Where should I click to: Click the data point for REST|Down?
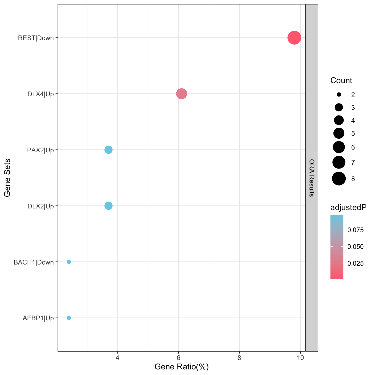click(294, 38)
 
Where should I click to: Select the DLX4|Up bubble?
click(181, 94)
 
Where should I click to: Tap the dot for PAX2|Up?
click(108, 150)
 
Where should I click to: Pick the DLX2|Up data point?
click(108, 206)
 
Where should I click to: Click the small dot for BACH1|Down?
click(69, 262)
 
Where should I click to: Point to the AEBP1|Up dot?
click(69, 318)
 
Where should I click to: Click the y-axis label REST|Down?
click(36, 38)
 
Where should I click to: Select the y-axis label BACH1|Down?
click(33, 262)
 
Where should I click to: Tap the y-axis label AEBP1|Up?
click(38, 318)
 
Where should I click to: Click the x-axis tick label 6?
click(178, 358)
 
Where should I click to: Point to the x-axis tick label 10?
click(300, 358)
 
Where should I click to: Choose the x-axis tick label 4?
click(117, 358)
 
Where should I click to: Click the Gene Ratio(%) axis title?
click(182, 367)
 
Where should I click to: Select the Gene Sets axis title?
click(8, 178)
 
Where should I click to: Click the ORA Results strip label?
click(312, 178)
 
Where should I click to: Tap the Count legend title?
click(341, 80)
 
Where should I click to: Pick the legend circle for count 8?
click(339, 179)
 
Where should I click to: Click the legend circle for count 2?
click(339, 95)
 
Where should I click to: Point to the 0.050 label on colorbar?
click(355, 247)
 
